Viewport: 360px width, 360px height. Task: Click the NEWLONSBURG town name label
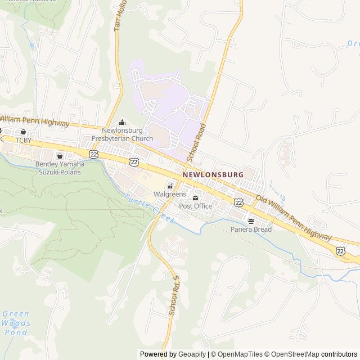213,175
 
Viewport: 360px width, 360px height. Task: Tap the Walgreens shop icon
170,186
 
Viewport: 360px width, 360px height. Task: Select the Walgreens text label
170,194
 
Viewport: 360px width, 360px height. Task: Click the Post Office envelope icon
196,198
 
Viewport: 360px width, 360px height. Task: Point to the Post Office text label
196,206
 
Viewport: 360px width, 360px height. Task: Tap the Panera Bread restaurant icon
251,221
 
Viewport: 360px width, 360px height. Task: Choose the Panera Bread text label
251,229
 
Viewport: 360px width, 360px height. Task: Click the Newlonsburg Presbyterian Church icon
122,123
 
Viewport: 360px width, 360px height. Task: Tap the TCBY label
24,139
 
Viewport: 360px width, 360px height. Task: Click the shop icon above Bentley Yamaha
59,156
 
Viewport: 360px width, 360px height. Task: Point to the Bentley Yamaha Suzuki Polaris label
59,168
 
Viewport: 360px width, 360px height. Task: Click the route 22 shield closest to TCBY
93,154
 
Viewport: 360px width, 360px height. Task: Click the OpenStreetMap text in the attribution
296,354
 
